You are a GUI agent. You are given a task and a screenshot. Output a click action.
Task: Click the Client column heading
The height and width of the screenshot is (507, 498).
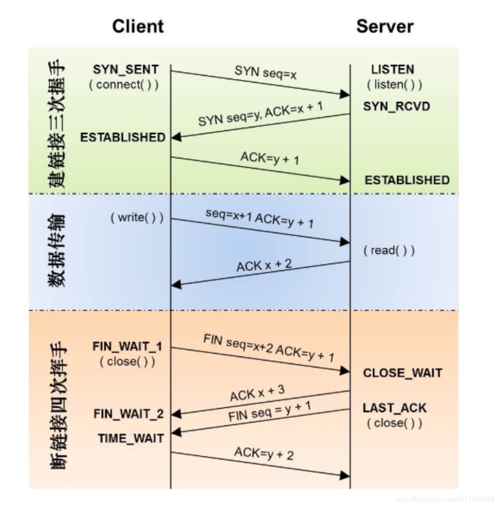coord(138,26)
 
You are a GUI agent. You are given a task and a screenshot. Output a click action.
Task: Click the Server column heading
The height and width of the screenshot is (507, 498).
coord(385,26)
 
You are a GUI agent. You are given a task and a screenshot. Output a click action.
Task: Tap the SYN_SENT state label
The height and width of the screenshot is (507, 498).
coord(126,69)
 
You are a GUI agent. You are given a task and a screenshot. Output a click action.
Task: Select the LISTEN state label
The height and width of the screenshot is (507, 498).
coord(393,69)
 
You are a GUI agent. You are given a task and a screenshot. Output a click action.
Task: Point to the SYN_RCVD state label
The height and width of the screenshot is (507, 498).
coord(396,106)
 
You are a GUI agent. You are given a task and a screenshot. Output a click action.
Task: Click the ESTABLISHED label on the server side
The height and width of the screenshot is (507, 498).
coord(407,180)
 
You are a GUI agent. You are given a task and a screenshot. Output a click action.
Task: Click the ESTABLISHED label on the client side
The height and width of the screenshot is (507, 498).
coord(123,137)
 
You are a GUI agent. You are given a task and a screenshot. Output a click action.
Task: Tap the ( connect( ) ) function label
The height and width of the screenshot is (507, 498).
coord(124,84)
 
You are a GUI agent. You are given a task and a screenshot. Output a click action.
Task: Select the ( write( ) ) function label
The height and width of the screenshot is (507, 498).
coord(137,217)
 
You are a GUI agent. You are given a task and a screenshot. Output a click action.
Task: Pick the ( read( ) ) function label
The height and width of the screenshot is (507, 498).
coord(389,251)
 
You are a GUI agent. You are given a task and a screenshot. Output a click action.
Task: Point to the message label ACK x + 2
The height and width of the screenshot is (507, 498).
coord(264,265)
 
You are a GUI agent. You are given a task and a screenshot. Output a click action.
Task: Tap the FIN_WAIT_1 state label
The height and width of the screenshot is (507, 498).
coord(127,347)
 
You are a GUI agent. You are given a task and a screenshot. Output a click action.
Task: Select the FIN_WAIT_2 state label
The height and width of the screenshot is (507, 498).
coord(128,414)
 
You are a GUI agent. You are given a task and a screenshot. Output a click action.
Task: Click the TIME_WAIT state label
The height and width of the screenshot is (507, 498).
coord(131,438)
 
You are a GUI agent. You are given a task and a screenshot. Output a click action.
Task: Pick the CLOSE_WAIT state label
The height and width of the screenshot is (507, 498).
coord(402,373)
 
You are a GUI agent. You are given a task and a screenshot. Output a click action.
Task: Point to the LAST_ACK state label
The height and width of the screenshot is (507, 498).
coord(394,408)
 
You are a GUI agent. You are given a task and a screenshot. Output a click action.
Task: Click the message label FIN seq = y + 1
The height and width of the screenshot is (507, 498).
coord(270,411)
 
